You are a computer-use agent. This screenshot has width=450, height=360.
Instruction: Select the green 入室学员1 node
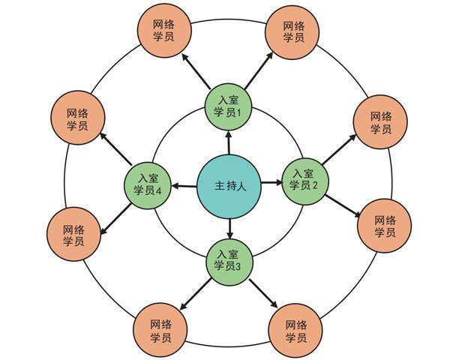click(229, 106)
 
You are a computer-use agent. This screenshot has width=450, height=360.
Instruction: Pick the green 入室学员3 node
click(228, 259)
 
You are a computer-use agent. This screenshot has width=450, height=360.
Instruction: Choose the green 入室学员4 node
click(148, 184)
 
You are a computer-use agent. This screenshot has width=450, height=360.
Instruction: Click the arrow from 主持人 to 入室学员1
click(228, 142)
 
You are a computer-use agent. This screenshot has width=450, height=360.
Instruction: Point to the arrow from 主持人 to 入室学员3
click(228, 223)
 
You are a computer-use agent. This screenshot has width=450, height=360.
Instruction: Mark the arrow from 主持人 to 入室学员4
click(184, 184)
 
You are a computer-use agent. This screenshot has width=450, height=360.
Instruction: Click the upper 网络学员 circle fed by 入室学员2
click(380, 122)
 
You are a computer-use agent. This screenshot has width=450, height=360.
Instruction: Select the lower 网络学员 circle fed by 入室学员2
click(384, 226)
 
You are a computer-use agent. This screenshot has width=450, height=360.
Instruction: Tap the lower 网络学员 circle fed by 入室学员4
click(73, 235)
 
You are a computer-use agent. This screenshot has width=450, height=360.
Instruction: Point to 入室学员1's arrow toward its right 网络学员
click(257, 70)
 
